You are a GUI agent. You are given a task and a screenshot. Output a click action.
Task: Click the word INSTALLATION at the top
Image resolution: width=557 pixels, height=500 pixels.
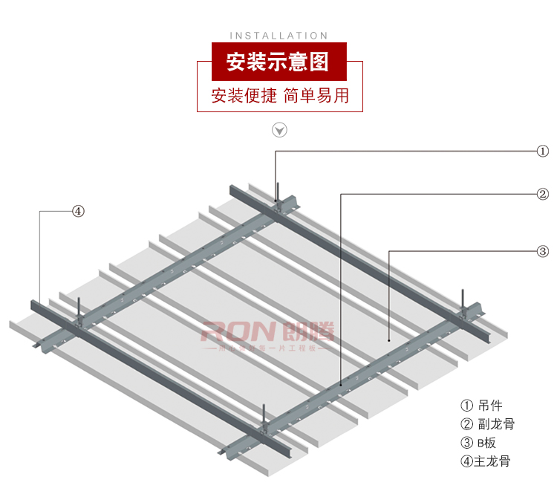(x=278, y=35)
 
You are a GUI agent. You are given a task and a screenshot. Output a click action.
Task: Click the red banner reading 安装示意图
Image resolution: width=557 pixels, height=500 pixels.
(x=278, y=62)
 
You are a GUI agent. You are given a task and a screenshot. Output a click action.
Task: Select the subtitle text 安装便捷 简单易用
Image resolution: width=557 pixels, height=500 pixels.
(x=279, y=96)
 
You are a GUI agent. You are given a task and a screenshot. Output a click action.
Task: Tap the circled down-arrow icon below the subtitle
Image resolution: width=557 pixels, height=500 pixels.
(x=279, y=131)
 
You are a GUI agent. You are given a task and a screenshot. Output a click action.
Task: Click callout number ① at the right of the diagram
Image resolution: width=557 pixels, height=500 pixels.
(x=543, y=152)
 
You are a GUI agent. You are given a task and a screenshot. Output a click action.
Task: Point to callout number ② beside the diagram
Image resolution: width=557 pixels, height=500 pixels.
(x=543, y=195)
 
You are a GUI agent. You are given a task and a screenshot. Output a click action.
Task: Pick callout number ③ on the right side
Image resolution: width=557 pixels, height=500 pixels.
(x=543, y=251)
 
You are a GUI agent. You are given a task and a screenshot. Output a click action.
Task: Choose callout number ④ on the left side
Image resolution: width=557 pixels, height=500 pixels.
(x=78, y=211)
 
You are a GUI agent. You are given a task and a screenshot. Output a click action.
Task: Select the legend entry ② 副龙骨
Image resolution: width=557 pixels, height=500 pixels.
(x=488, y=424)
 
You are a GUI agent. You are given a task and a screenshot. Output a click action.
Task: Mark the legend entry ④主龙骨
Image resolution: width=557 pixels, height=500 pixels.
(x=486, y=461)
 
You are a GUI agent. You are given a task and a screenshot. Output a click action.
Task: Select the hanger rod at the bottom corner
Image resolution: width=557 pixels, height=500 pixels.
(x=264, y=413)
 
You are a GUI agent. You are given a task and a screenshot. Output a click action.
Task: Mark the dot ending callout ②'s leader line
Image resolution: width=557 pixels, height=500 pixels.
(x=341, y=384)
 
